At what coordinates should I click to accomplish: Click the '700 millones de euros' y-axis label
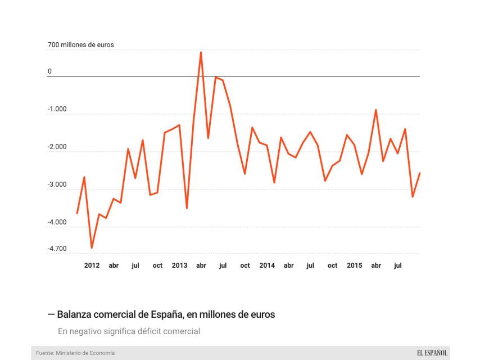(80, 44)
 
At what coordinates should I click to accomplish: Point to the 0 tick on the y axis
(49, 71)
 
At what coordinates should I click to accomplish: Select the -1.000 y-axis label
(57, 109)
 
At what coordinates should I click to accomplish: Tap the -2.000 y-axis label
(57, 147)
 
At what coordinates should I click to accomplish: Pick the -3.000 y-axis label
(57, 184)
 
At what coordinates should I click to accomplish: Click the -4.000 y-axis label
(57, 222)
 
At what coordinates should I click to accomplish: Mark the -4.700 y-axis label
(57, 249)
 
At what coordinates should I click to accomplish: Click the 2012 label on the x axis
(92, 265)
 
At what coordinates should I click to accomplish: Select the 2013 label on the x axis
(179, 265)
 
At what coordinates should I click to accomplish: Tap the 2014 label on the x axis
(267, 265)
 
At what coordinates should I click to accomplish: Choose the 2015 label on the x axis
(354, 265)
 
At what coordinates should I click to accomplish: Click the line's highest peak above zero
(201, 52)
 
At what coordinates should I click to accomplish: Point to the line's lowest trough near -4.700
(92, 247)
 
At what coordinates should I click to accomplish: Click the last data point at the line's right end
(420, 173)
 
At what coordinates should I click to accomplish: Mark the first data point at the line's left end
(77, 213)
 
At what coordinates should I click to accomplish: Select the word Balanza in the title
(74, 314)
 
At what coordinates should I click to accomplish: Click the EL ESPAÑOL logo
(432, 353)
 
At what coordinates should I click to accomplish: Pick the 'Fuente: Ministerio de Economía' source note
(75, 353)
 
